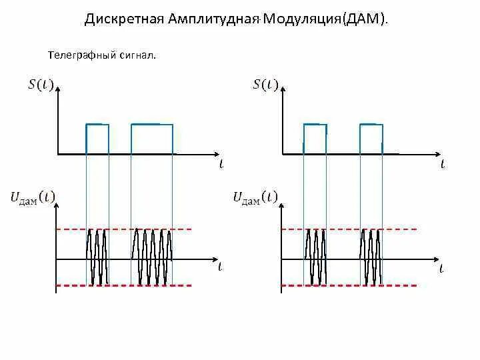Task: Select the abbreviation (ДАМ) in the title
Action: click(x=364, y=19)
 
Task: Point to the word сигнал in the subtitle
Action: click(x=136, y=55)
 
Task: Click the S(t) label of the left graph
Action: click(x=41, y=84)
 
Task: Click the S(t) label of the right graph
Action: click(x=265, y=84)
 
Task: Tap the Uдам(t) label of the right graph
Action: click(x=255, y=197)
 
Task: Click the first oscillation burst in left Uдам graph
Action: click(x=97, y=257)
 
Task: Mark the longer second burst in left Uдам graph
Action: click(x=152, y=257)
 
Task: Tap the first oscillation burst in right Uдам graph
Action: click(x=315, y=257)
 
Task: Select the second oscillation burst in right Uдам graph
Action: click(x=371, y=257)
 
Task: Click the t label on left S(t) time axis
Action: click(x=221, y=164)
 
